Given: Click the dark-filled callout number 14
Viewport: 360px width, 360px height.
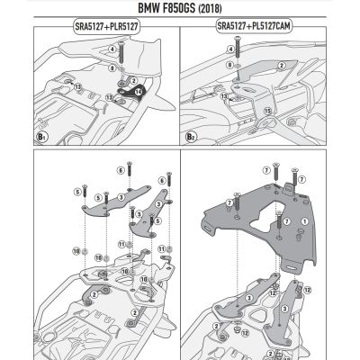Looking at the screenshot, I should [x=139, y=91].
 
